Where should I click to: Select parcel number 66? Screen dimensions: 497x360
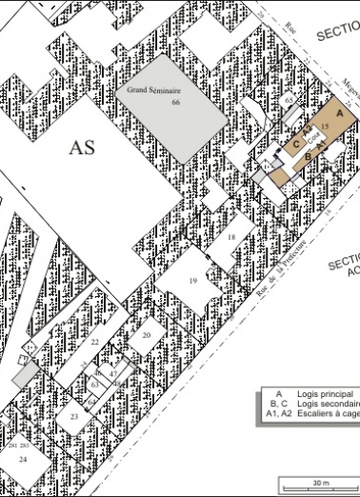pyautogui.click(x=175, y=102)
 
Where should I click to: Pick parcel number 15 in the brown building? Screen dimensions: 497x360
pyautogui.click(x=325, y=126)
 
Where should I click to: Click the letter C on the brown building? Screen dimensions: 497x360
pyautogui.click(x=296, y=145)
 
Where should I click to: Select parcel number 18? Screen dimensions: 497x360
pyautogui.click(x=231, y=236)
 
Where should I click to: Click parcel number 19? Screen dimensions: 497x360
pyautogui.click(x=192, y=281)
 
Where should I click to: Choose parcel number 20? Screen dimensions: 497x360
pyautogui.click(x=147, y=335)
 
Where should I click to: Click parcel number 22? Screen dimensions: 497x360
pyautogui.click(x=94, y=341)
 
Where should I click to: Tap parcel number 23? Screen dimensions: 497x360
pyautogui.click(x=73, y=417)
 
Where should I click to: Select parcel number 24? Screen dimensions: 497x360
pyautogui.click(x=23, y=459)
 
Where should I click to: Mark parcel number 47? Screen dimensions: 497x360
pyautogui.click(x=112, y=375)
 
